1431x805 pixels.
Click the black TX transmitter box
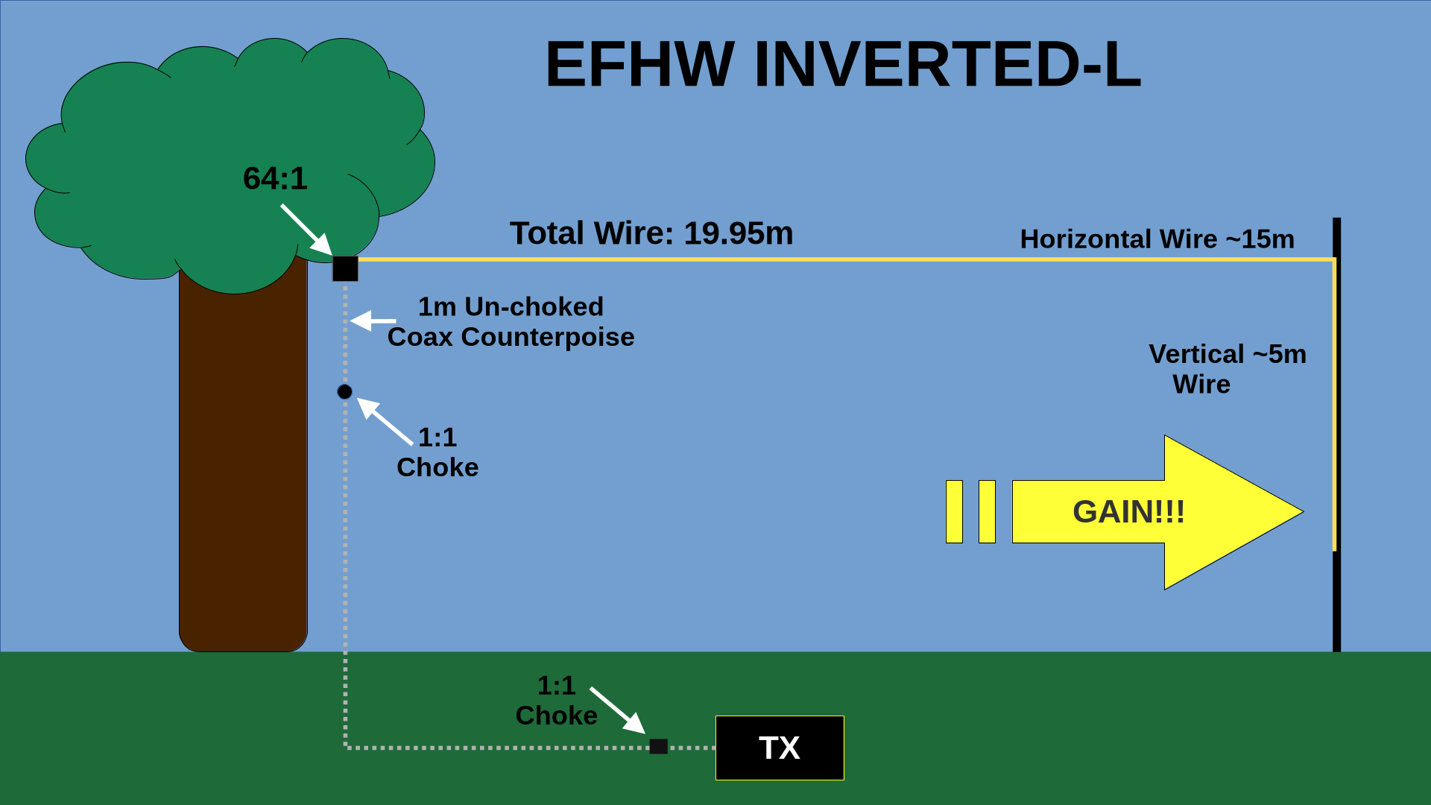780,748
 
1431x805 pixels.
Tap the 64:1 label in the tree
275,178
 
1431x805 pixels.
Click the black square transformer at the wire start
345,268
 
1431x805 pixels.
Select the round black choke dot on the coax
344,392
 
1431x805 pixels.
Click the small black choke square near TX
658,746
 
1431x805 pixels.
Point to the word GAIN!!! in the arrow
1128,512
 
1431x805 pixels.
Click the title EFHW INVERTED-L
843,65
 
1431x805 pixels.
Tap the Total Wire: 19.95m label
651,233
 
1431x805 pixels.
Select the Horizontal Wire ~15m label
1157,239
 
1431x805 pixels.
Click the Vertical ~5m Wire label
1227,369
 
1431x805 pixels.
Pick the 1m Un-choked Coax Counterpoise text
511,322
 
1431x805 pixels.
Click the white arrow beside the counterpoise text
373,321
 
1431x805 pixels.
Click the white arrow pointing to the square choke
617,710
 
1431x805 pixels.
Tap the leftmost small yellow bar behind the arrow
954,512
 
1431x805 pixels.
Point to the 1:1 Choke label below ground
556,701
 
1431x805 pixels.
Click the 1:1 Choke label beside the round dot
437,452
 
